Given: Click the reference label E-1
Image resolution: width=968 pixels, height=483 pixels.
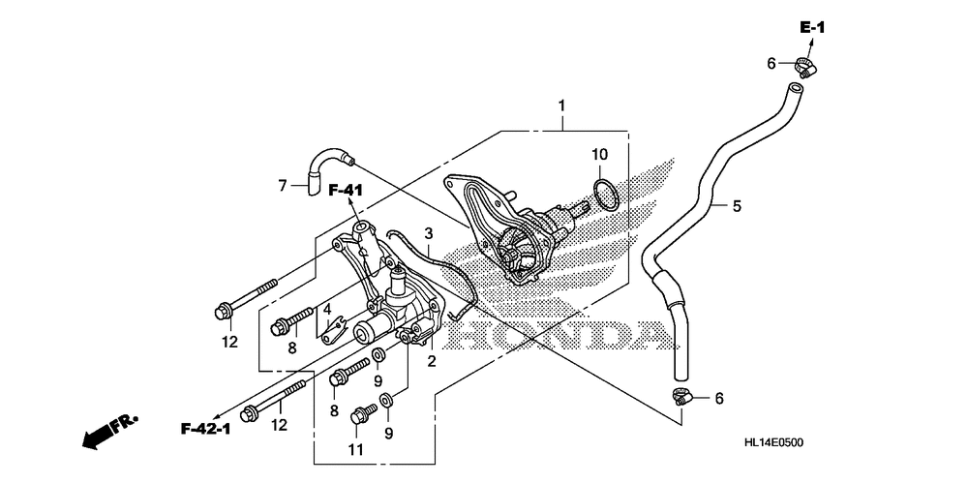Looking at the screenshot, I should tap(811, 27).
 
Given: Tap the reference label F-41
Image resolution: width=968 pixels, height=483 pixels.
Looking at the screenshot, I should tap(344, 190).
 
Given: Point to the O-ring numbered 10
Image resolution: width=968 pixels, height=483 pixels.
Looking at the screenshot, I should tap(603, 194).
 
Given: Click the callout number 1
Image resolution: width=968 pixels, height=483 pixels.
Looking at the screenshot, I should tap(560, 105).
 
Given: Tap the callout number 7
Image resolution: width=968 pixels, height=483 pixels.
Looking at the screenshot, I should tap(283, 185).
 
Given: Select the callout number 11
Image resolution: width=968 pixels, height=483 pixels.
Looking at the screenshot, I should tap(356, 450).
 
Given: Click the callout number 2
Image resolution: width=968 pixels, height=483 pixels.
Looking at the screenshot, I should tap(432, 361).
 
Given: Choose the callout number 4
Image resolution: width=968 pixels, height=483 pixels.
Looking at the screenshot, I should tap(327, 311).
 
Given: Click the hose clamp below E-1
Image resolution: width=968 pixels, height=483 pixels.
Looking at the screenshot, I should tap(804, 68).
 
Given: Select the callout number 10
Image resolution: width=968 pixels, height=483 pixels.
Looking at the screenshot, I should tap(600, 154).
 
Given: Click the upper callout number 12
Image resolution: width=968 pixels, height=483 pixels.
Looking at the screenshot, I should tap(228, 341).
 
